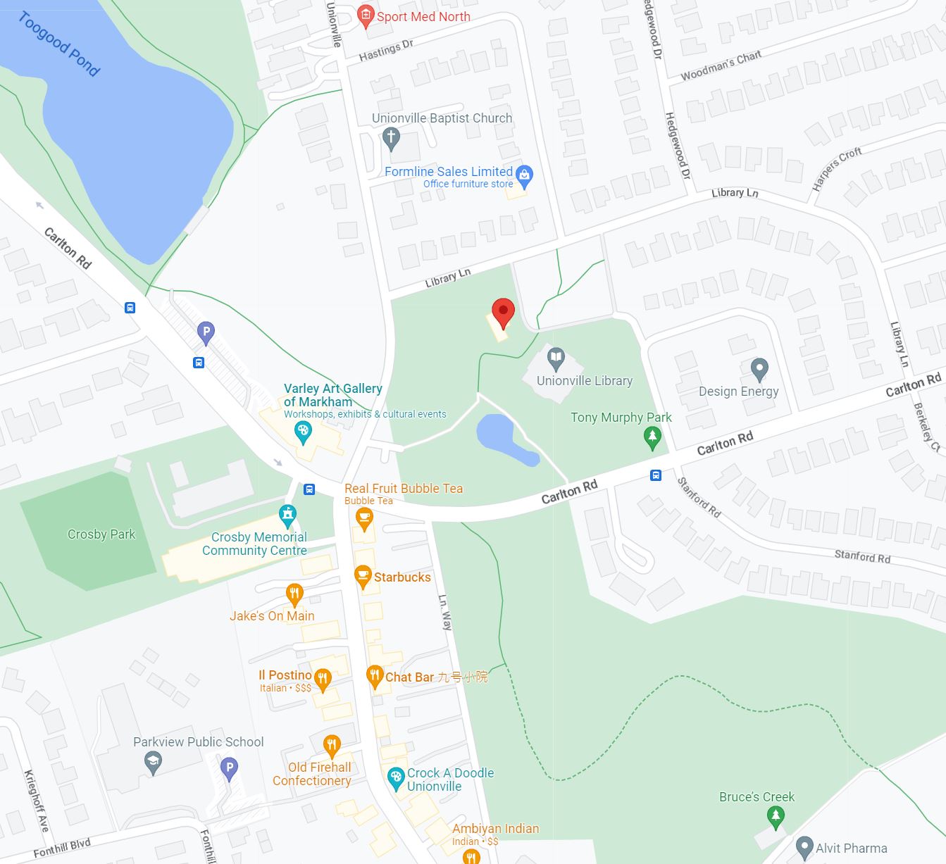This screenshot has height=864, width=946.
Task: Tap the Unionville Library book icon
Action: coord(556,358)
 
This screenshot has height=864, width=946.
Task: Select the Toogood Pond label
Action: coord(59,44)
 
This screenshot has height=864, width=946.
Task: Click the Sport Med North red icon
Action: coord(365,15)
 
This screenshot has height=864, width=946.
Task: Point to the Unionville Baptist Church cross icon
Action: coord(391,137)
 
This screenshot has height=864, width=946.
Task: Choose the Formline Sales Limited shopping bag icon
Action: coord(524,174)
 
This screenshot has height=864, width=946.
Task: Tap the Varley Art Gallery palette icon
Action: coord(304,432)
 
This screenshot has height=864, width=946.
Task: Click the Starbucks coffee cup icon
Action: coord(363,577)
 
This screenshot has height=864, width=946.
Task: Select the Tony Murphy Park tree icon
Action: coord(653,438)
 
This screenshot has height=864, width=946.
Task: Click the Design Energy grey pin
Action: coord(759,368)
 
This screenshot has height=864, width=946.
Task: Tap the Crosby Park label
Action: coord(101,534)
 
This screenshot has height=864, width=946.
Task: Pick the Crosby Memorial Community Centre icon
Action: coord(287,515)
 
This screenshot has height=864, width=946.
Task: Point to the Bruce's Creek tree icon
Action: coord(776,817)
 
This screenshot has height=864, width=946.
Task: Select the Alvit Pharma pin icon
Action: coord(804,847)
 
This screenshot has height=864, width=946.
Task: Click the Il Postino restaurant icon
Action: coord(322,679)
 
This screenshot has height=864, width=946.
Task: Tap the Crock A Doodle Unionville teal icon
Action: coord(396,778)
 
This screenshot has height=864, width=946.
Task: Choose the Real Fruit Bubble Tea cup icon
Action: coord(363,520)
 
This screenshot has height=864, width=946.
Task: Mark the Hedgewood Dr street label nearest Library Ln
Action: coord(677,145)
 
